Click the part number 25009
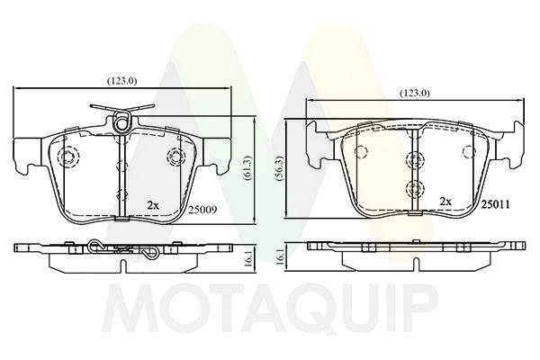tap(202, 210)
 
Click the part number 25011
tap(495, 204)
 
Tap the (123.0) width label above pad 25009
tap(121, 81)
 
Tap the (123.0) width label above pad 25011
tap(415, 93)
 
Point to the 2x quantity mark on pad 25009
tap(153, 206)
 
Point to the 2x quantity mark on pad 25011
tap(445, 202)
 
